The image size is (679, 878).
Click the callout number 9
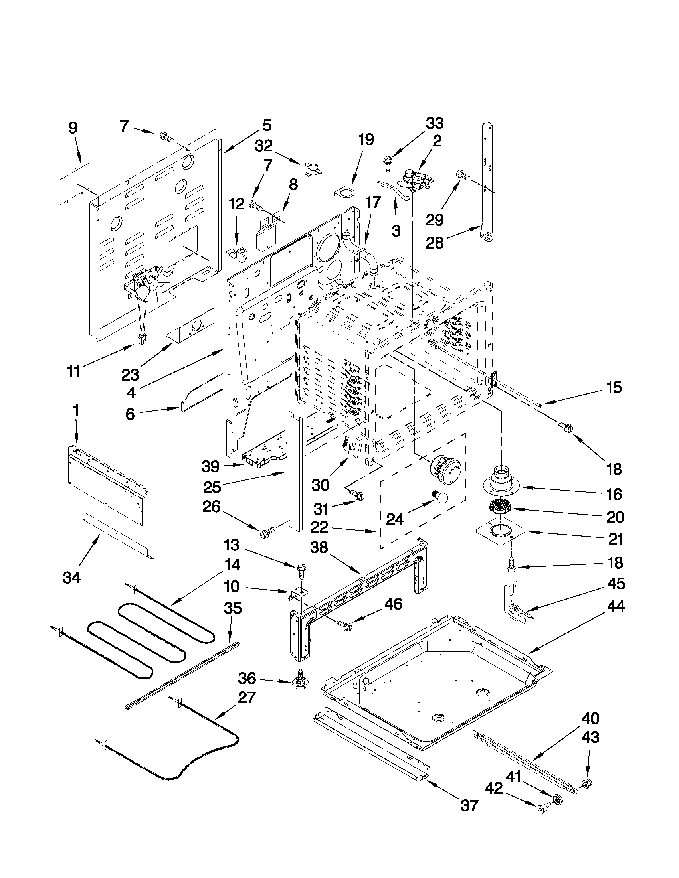click(73, 128)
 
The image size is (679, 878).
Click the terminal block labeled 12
click(237, 254)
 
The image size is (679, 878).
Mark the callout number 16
click(614, 494)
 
